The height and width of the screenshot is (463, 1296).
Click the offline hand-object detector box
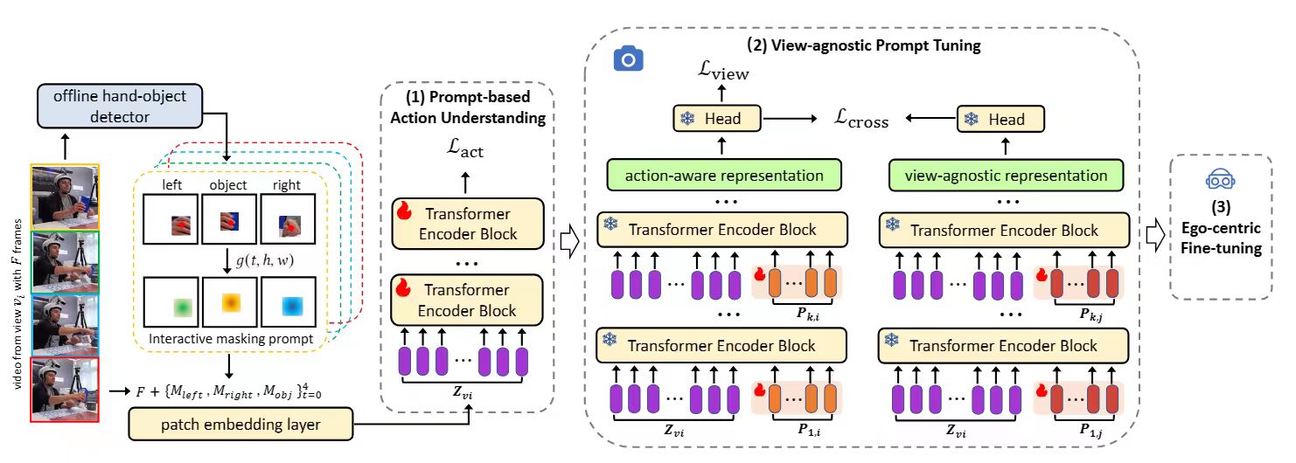[x=120, y=104]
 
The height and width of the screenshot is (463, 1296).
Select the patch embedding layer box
[x=240, y=425]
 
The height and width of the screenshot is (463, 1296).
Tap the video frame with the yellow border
[x=66, y=197]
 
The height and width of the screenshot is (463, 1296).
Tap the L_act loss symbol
[x=465, y=150]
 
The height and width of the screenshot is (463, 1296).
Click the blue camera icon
[x=628, y=59]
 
